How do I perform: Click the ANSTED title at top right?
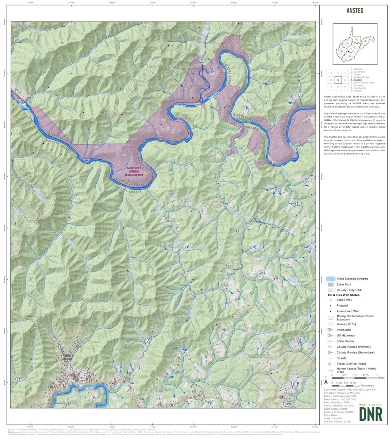pyautogui.click(x=355, y=11)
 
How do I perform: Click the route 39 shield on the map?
pyautogui.click(x=16, y=40)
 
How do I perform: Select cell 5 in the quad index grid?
pyautogui.click(x=338, y=80)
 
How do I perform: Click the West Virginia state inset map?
pyautogui.click(x=355, y=44)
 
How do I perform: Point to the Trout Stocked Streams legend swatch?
pyautogui.click(x=330, y=279)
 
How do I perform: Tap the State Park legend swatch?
pyautogui.click(x=330, y=284)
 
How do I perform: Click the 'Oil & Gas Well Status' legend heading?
pyautogui.click(x=344, y=295)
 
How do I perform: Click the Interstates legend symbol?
pyautogui.click(x=330, y=330)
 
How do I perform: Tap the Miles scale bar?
pyautogui.click(x=355, y=378)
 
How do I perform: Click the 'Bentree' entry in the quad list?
pyautogui.click(x=356, y=69)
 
